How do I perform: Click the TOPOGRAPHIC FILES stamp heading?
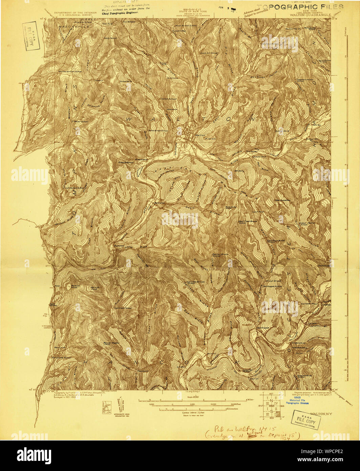(x=300, y=7)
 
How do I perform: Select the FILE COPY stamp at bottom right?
(x=306, y=421)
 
